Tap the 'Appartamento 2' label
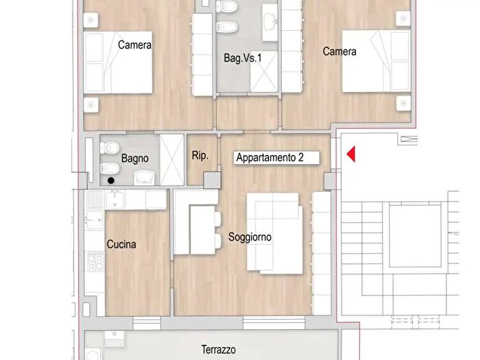[269, 158]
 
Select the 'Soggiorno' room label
[250, 237]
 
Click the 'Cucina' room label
[121, 244]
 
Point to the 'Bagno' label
[135, 158]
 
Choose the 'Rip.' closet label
[200, 156]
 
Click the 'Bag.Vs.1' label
[243, 58]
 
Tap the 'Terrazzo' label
[219, 350]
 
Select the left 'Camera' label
[134, 45]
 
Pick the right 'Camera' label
[339, 51]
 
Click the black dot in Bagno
[111, 181]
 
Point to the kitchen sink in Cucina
[114, 200]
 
